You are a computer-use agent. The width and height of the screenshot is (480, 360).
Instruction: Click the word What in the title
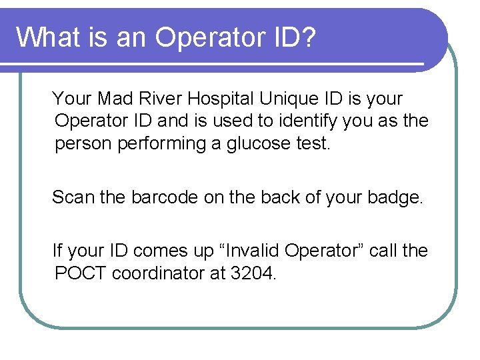46,37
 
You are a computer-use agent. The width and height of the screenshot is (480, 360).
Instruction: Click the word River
161,99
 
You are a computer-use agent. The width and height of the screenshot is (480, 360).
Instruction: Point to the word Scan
72,197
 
